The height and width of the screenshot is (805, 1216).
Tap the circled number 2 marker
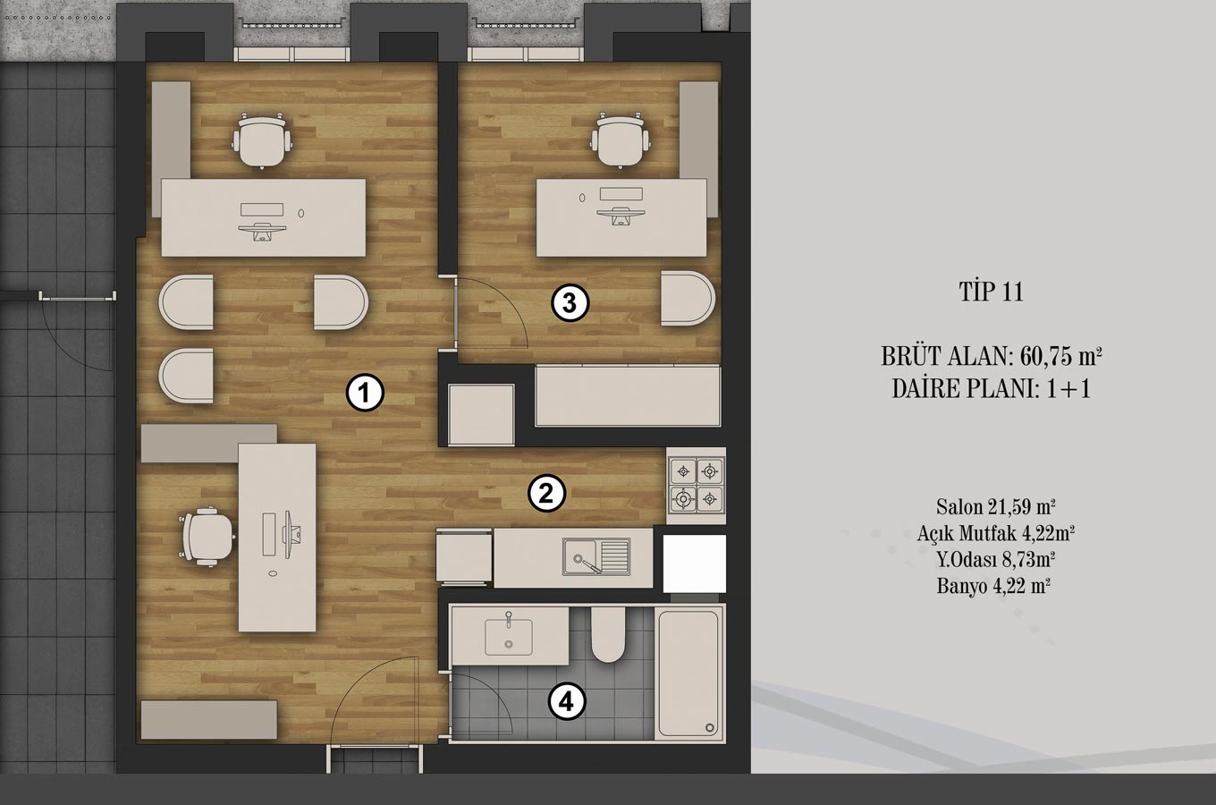tap(546, 494)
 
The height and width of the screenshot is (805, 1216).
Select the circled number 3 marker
tap(570, 302)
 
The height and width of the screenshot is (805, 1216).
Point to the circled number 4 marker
tap(567, 703)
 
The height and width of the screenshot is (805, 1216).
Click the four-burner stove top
tap(697, 486)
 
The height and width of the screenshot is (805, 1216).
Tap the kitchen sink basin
tap(596, 556)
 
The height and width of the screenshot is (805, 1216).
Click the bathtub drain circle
tap(710, 727)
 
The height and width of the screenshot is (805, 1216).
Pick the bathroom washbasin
tap(509, 637)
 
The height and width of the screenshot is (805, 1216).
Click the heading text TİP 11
tap(991, 292)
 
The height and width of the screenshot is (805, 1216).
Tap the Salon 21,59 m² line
tap(995, 507)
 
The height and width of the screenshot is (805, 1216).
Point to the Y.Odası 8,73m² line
tap(996, 559)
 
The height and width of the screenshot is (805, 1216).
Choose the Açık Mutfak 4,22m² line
tap(996, 533)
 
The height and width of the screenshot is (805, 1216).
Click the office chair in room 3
tap(621, 140)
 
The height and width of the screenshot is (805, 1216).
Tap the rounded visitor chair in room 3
tap(688, 298)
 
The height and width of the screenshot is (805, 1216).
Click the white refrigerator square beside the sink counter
tap(695, 563)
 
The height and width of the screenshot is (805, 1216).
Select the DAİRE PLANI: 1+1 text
tap(992, 389)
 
